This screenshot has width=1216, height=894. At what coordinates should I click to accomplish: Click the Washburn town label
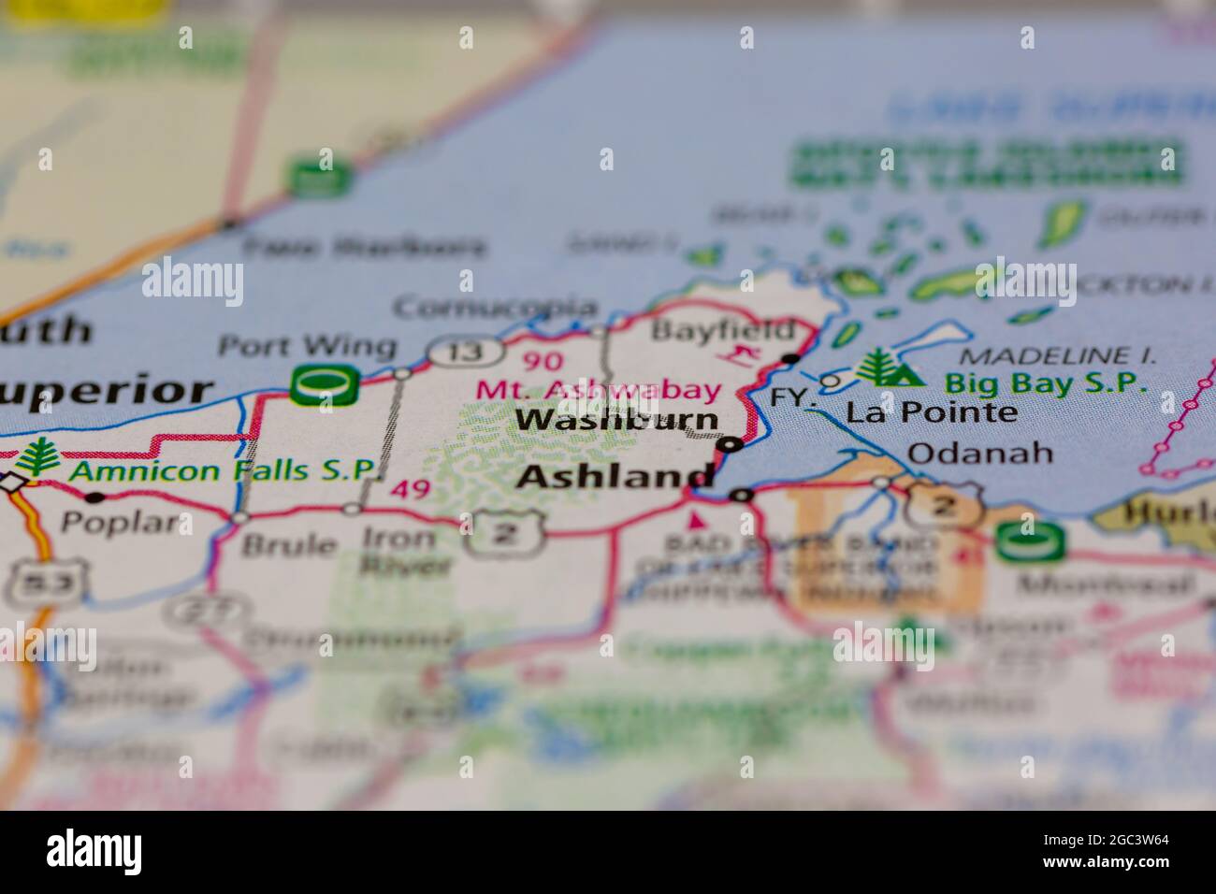[x=617, y=420]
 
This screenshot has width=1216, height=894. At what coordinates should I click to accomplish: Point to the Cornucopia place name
[x=495, y=307]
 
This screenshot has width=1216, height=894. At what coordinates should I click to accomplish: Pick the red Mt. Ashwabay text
[x=600, y=390]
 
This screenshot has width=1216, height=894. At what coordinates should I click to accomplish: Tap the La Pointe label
[x=932, y=412]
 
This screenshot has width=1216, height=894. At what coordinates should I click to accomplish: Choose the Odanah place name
[x=980, y=454]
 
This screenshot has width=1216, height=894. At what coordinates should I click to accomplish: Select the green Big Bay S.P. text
[x=1045, y=382]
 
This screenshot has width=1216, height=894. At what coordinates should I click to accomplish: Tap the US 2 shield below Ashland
[x=503, y=535]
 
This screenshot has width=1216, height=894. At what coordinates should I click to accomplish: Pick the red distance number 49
[x=412, y=489]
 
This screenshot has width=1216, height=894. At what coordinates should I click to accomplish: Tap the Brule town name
[x=289, y=544]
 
